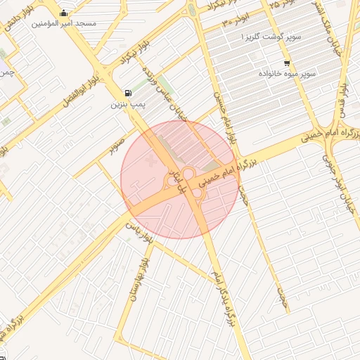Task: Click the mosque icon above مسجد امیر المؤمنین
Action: pos(64,13)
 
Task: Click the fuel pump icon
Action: pos(127,94)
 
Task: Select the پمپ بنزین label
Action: pos(127,105)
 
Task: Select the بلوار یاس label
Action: pos(138,226)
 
